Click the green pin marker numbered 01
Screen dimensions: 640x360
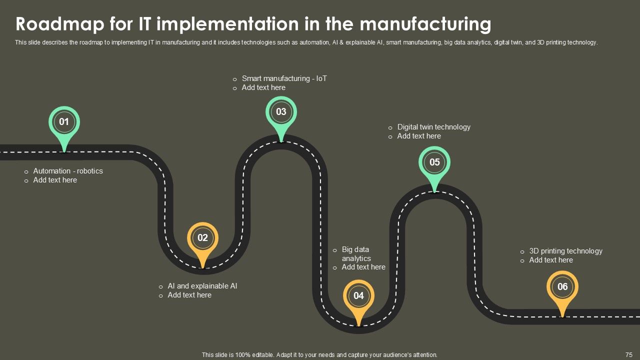64,122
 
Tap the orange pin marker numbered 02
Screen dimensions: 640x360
202,238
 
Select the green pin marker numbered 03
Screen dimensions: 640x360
281,112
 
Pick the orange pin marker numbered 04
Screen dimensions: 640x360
358,296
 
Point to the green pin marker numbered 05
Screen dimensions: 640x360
434,162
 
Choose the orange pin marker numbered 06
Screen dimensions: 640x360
562,287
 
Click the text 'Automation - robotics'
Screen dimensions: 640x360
68,171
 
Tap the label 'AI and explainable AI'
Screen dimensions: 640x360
202,286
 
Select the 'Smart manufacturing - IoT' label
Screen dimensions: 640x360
284,78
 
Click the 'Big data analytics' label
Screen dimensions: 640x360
356,254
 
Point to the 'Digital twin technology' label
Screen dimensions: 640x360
434,127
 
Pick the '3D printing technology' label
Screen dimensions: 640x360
566,251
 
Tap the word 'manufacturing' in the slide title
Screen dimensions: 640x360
425,24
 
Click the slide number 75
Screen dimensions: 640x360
629,354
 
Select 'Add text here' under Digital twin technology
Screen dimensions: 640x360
419,136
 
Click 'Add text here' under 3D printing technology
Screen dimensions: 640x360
551,260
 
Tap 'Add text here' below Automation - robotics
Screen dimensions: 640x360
55,180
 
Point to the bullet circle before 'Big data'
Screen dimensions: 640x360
335,250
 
